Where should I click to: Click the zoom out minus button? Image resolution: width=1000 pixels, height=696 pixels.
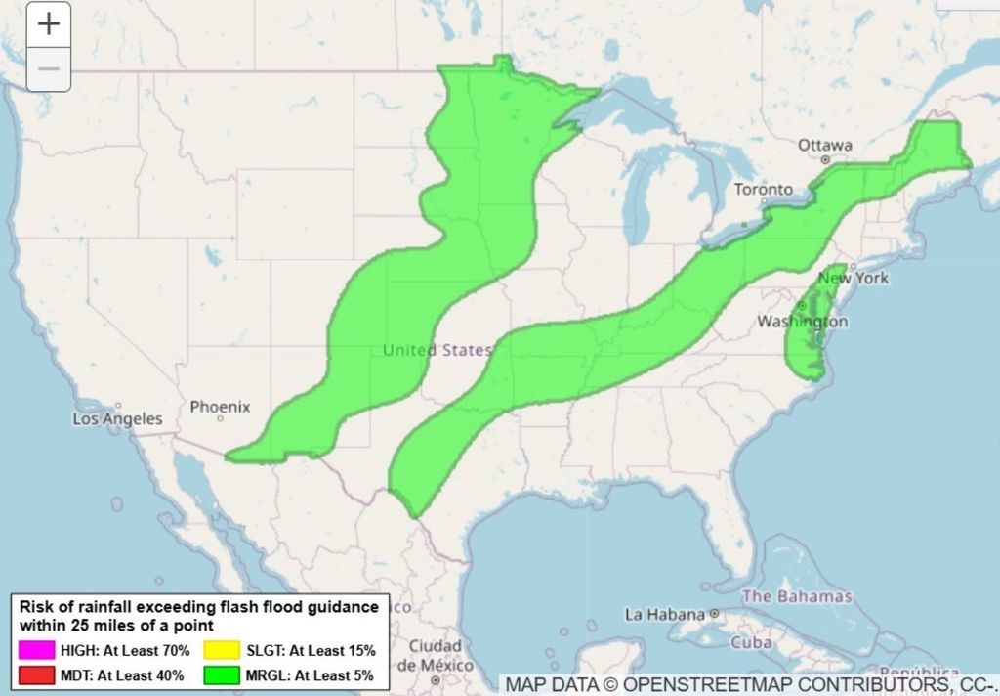pos(49,69)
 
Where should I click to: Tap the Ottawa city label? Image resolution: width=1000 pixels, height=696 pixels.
pos(824,145)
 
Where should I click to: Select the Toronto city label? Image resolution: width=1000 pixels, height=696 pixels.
pos(763,189)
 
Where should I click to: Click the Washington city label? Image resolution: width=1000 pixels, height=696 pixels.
pos(802,322)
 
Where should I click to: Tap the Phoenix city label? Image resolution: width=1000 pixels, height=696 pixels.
pos(220,407)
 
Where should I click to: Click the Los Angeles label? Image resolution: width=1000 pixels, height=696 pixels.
pos(118,418)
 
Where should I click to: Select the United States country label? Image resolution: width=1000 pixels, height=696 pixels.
pos(437,350)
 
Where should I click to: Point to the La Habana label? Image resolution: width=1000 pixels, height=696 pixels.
pos(665,615)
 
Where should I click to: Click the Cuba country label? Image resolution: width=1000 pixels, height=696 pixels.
pos(751,643)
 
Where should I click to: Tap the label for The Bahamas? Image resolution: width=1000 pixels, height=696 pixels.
pos(797,596)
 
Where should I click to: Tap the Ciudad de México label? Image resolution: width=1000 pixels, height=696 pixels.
pos(436,655)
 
